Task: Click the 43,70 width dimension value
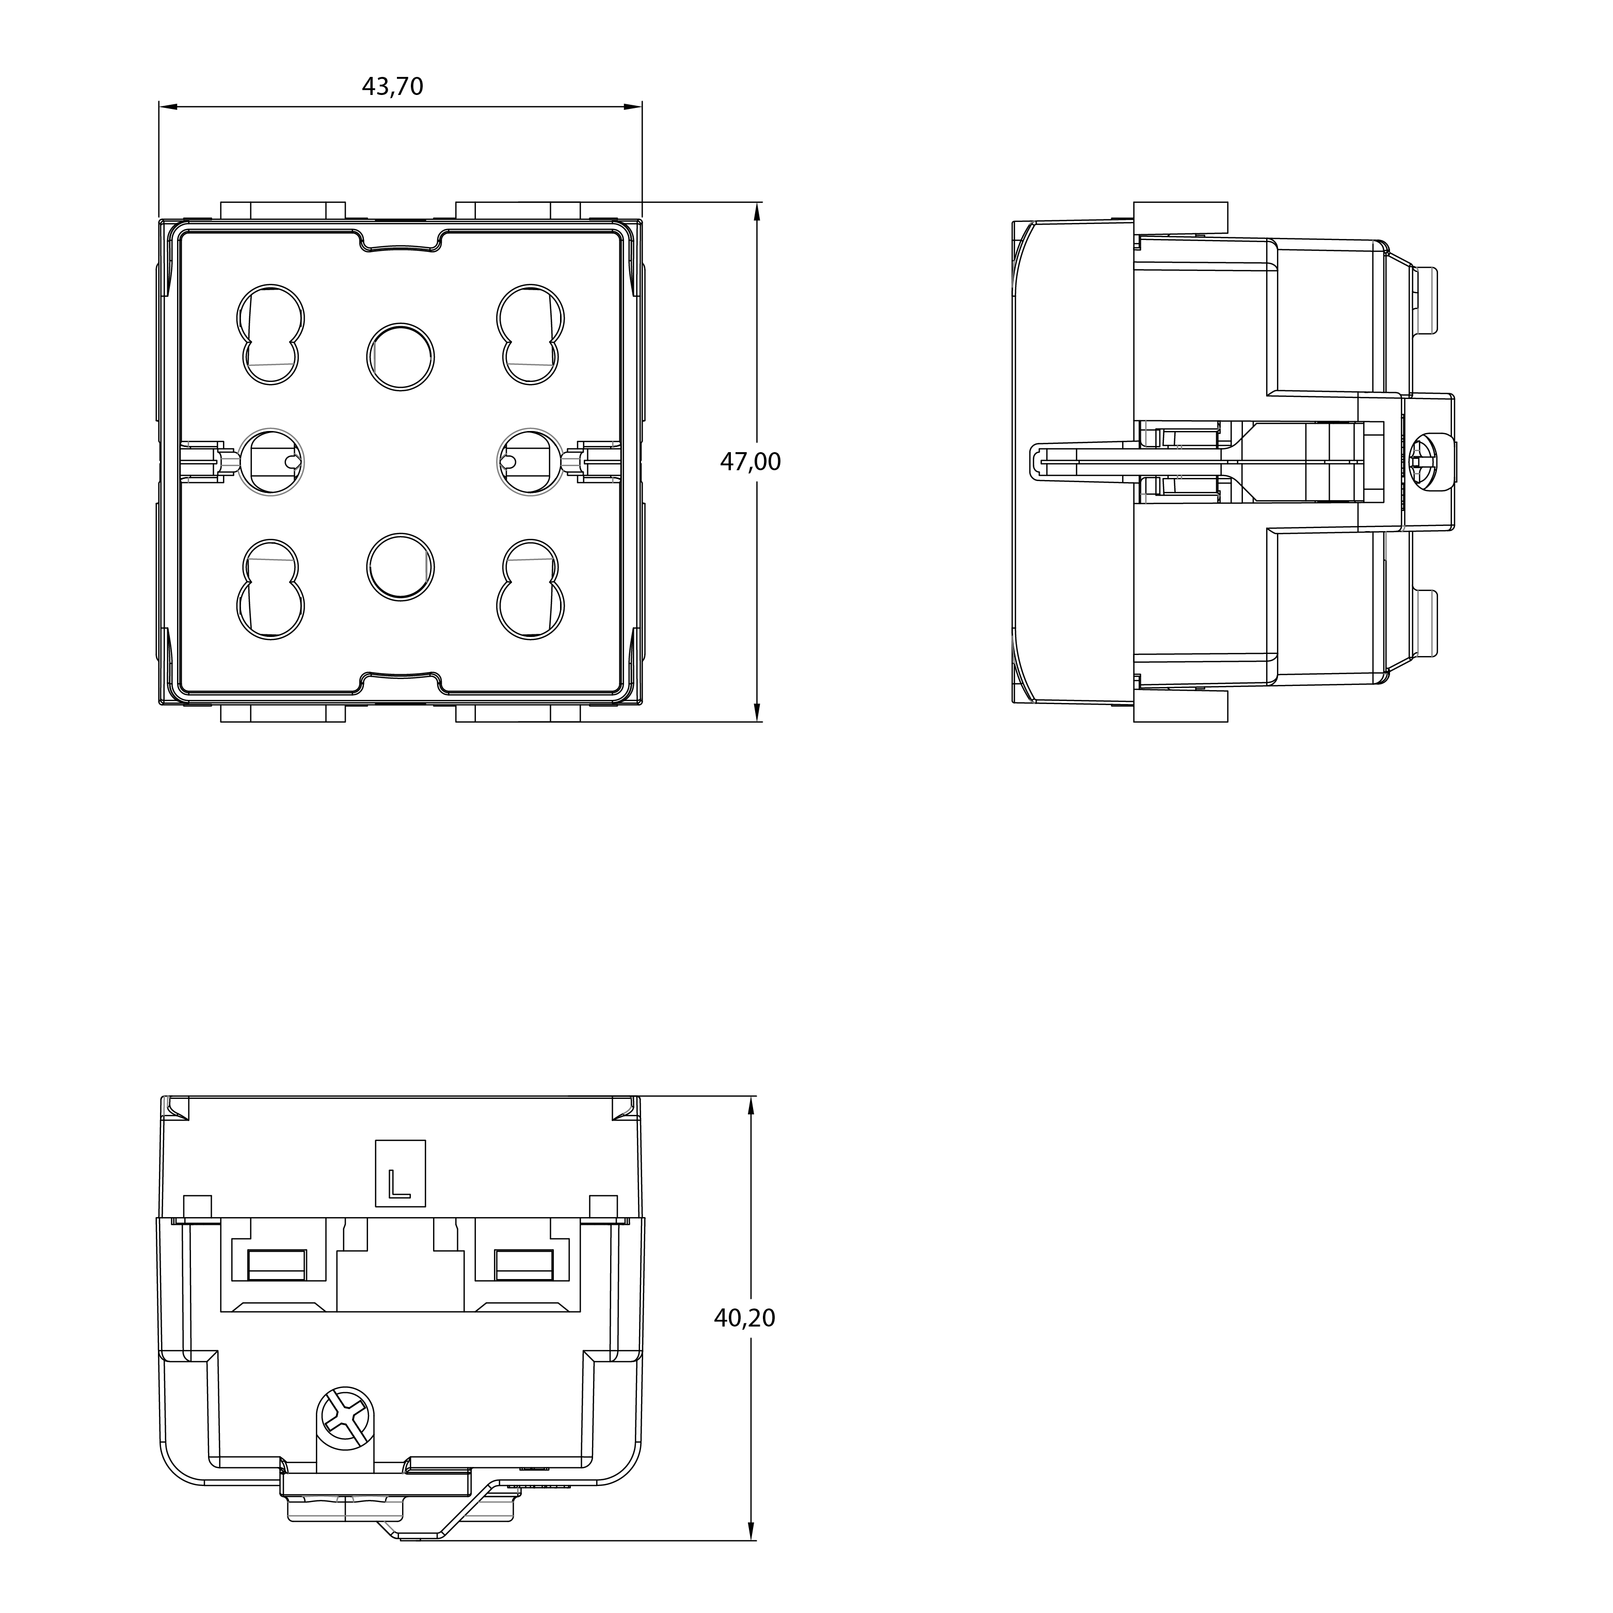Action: (392, 87)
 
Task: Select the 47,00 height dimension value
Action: (750, 461)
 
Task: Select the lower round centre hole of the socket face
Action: (400, 567)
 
